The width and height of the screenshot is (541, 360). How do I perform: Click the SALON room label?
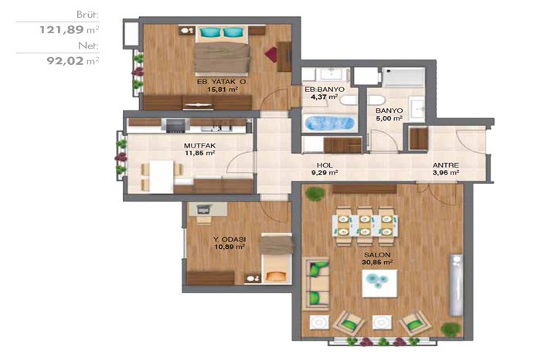tap(377, 255)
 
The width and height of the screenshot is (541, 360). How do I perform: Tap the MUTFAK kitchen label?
tap(199, 145)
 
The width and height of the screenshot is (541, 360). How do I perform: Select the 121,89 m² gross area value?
tap(69, 29)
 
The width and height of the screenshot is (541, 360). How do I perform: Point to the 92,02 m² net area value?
tap(73, 61)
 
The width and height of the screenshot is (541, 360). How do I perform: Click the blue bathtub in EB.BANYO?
tap(330, 124)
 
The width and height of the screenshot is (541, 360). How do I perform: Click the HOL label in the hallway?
tap(325, 165)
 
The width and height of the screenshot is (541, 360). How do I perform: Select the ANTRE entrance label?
tap(446, 165)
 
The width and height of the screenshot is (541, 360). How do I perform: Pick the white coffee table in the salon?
tap(379, 283)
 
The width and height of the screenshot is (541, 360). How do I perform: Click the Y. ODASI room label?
tap(230, 239)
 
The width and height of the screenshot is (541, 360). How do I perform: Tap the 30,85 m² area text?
tap(377, 263)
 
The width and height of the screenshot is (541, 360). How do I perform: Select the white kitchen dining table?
tap(162, 177)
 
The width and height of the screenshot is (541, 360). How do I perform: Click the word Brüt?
tap(87, 15)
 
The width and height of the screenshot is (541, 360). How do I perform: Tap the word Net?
tap(88, 46)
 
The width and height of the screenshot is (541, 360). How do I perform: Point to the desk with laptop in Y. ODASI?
tap(208, 209)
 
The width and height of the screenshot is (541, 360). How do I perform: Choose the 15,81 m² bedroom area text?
tap(223, 90)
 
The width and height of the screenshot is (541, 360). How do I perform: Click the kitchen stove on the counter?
tap(175, 126)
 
